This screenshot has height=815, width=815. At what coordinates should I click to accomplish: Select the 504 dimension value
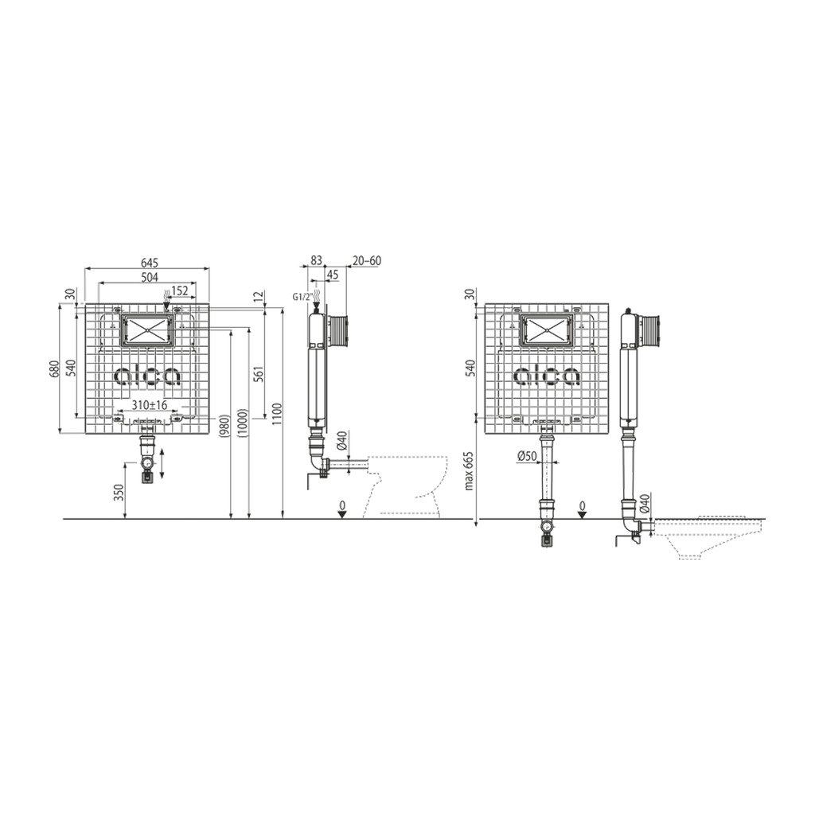[x=149, y=277]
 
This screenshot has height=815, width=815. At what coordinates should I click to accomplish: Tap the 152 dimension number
[x=180, y=291]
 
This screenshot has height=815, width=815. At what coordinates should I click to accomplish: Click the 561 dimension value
[x=259, y=374]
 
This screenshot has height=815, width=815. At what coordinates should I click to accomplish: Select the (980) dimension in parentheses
[x=224, y=427]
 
